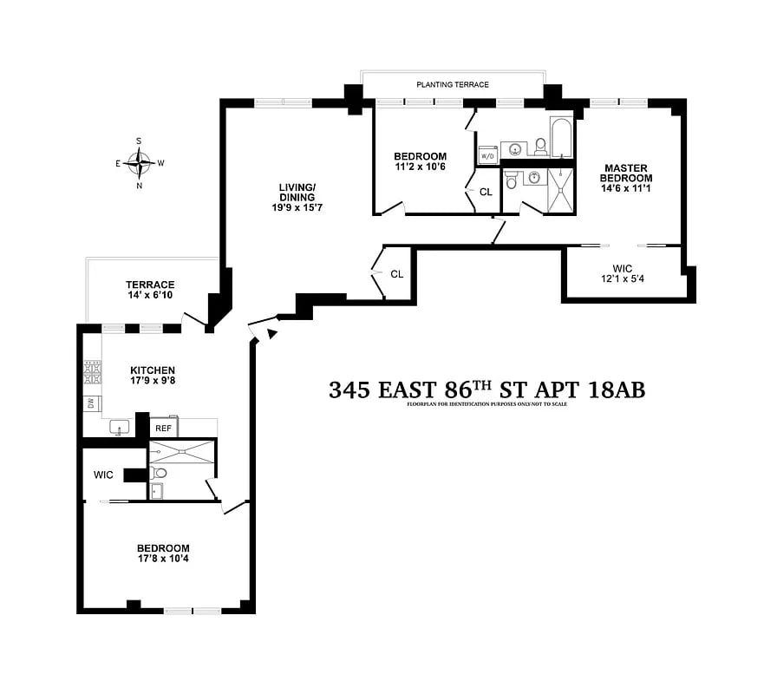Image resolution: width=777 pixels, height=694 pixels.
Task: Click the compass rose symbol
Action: (x=140, y=161)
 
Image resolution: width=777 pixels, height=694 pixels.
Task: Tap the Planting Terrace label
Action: (x=453, y=85)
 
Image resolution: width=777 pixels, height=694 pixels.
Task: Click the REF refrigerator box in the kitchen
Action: (x=163, y=429)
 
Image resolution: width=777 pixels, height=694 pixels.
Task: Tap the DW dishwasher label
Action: (x=89, y=403)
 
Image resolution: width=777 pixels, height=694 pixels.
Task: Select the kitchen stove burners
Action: (x=90, y=372)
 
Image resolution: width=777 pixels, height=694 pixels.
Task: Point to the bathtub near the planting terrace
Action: (x=562, y=139)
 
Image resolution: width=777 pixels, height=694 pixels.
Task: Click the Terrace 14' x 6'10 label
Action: (x=150, y=290)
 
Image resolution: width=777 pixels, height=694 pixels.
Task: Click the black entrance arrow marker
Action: (x=272, y=334)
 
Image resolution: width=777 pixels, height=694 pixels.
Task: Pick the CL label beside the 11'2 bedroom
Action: (x=486, y=192)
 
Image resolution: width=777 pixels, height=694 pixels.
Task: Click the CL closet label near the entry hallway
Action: (x=396, y=274)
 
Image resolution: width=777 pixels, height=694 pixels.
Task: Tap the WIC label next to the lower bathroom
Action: (x=104, y=475)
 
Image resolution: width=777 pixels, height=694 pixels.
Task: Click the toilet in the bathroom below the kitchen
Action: (x=160, y=474)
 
